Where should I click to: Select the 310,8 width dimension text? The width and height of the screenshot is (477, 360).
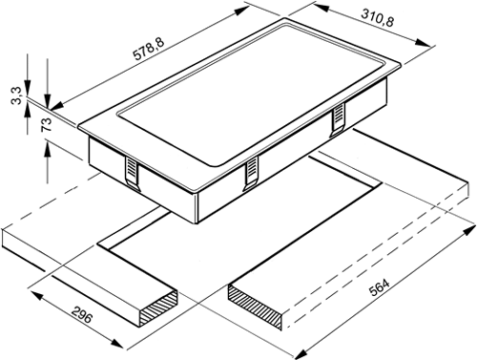point(378,18)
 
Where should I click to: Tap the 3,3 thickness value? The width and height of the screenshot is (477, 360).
point(17,95)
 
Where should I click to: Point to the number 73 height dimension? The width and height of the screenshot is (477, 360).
point(46,124)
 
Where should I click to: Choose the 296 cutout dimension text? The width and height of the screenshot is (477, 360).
point(82,314)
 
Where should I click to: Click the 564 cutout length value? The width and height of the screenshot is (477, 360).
point(379,287)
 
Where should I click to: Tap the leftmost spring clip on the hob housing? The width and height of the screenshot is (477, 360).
point(132,174)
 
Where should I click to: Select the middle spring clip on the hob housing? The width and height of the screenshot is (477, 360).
point(251,174)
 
